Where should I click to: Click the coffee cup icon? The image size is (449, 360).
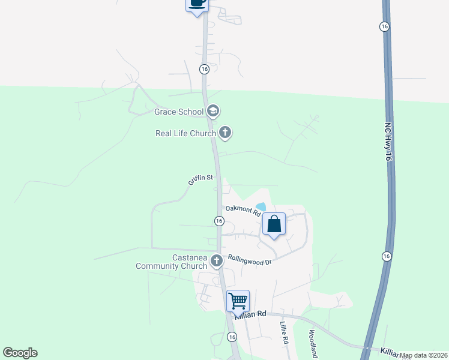pyautogui.click(x=197, y=4)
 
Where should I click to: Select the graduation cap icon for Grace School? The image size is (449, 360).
pyautogui.click(x=212, y=111)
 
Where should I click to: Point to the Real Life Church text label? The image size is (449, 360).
pyautogui.click(x=185, y=133)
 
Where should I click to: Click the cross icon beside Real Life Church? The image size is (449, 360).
pyautogui.click(x=225, y=133)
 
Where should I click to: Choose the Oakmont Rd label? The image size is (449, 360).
pyautogui.click(x=243, y=211)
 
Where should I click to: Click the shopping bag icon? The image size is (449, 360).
pyautogui.click(x=274, y=224)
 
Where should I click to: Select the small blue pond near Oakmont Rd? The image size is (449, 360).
pyautogui.click(x=261, y=207)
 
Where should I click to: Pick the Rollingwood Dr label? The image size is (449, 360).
pyautogui.click(x=250, y=261)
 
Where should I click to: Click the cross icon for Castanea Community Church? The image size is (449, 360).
pyautogui.click(x=217, y=261)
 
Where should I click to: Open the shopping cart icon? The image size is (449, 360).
pyautogui.click(x=238, y=300)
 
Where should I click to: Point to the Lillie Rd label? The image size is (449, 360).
pyautogui.click(x=285, y=332)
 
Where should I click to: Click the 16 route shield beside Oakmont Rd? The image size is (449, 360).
pyautogui.click(x=219, y=221)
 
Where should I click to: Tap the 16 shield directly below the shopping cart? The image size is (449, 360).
pyautogui.click(x=232, y=337)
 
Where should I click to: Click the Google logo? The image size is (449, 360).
pyautogui.click(x=20, y=353)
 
